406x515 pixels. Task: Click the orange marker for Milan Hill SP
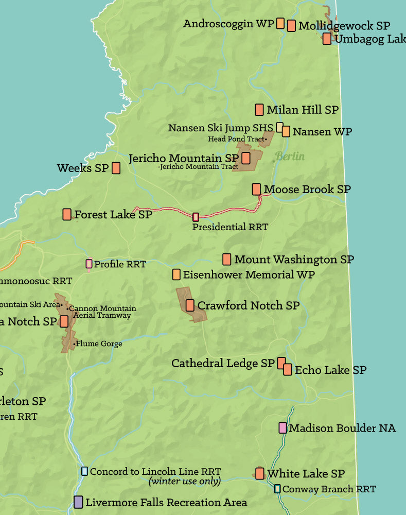point(259,110)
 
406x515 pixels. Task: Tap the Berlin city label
point(290,157)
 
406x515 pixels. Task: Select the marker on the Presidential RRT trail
point(196,217)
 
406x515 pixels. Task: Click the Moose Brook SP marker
point(256,189)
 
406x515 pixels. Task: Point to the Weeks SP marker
point(116,168)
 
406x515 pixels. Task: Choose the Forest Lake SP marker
point(67,214)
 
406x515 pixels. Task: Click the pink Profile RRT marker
point(89,264)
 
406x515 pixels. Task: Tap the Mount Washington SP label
point(294,260)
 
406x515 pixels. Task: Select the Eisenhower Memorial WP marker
point(176,274)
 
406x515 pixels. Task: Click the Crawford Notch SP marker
point(190,305)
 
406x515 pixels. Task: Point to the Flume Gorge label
point(99,344)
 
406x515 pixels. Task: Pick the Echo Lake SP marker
point(288,369)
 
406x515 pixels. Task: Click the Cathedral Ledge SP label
point(223,363)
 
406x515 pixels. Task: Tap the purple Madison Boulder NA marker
point(283,427)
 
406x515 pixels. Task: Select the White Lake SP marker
point(260,473)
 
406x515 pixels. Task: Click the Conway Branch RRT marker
point(277,489)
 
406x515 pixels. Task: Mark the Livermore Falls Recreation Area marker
point(78,502)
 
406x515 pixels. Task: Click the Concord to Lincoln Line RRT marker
point(84,471)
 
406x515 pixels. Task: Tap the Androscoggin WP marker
point(280,23)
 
